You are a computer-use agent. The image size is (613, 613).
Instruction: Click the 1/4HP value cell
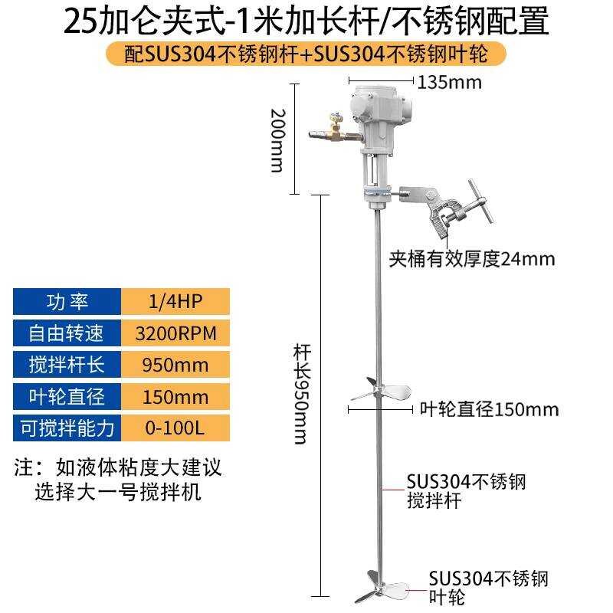tap(175, 301)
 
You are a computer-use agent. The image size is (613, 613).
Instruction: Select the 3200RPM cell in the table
tap(175, 333)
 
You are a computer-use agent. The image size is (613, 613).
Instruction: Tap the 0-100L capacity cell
tap(175, 427)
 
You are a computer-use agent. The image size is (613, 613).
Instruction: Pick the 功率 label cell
tap(68, 301)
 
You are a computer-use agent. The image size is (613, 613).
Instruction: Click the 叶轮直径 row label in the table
tap(68, 395)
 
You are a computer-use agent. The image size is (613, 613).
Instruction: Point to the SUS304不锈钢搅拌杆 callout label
tap(466, 491)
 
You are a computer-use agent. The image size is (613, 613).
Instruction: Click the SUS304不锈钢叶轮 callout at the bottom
tap(488, 586)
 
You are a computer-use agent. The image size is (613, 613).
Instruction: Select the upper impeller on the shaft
tap(375, 391)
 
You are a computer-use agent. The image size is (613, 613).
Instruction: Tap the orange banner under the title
tap(306, 54)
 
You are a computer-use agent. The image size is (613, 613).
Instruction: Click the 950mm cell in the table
tap(175, 364)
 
